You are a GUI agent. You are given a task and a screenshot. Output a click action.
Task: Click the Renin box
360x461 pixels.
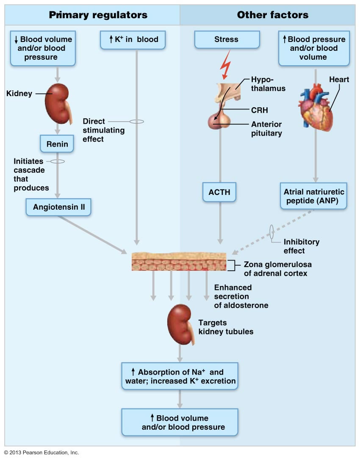tap(57, 144)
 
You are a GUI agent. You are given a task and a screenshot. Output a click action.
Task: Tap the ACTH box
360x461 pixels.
tap(219, 192)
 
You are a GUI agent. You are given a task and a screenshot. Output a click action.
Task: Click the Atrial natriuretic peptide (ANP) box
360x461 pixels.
tap(313, 195)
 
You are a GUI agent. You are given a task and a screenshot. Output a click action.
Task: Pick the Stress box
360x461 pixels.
tap(227, 39)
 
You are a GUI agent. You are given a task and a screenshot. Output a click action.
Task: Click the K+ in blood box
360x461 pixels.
tap(132, 39)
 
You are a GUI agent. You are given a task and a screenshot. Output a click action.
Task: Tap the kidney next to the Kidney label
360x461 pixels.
tap(58, 102)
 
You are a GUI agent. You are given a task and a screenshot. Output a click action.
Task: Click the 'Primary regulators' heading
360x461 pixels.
tap(98, 15)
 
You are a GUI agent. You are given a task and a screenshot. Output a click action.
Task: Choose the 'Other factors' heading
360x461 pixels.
tap(273, 15)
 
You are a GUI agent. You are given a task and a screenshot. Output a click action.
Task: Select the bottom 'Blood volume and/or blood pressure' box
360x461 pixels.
tap(180, 422)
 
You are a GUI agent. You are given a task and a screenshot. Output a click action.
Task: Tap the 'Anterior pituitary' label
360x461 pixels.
tap(266, 128)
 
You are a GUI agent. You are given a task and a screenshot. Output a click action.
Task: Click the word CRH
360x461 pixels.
tap(260, 110)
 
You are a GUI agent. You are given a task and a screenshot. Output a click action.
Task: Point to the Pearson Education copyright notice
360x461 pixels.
tap(42, 453)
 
